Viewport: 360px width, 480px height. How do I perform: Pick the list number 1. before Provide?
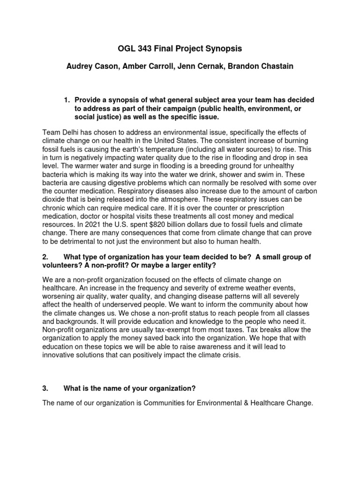(x=67, y=100)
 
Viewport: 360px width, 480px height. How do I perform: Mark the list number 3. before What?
(x=45, y=387)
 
